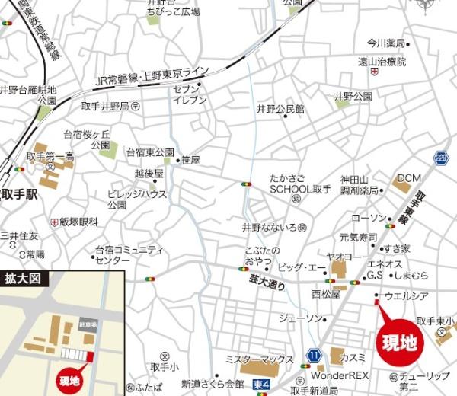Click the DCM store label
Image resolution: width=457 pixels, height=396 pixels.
[409, 178]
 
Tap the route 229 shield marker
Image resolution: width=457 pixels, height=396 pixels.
[441, 157]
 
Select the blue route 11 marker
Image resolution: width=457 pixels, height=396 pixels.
[312, 356]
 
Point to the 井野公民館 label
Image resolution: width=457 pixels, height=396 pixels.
[280, 110]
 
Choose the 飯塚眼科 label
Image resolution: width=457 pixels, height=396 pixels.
[78, 222]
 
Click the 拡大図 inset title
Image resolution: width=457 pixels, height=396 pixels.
[22, 278]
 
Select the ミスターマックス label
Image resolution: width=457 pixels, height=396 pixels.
[260, 359]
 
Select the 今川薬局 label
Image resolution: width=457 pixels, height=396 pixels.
[385, 43]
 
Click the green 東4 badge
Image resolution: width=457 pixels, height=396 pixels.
[261, 385]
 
